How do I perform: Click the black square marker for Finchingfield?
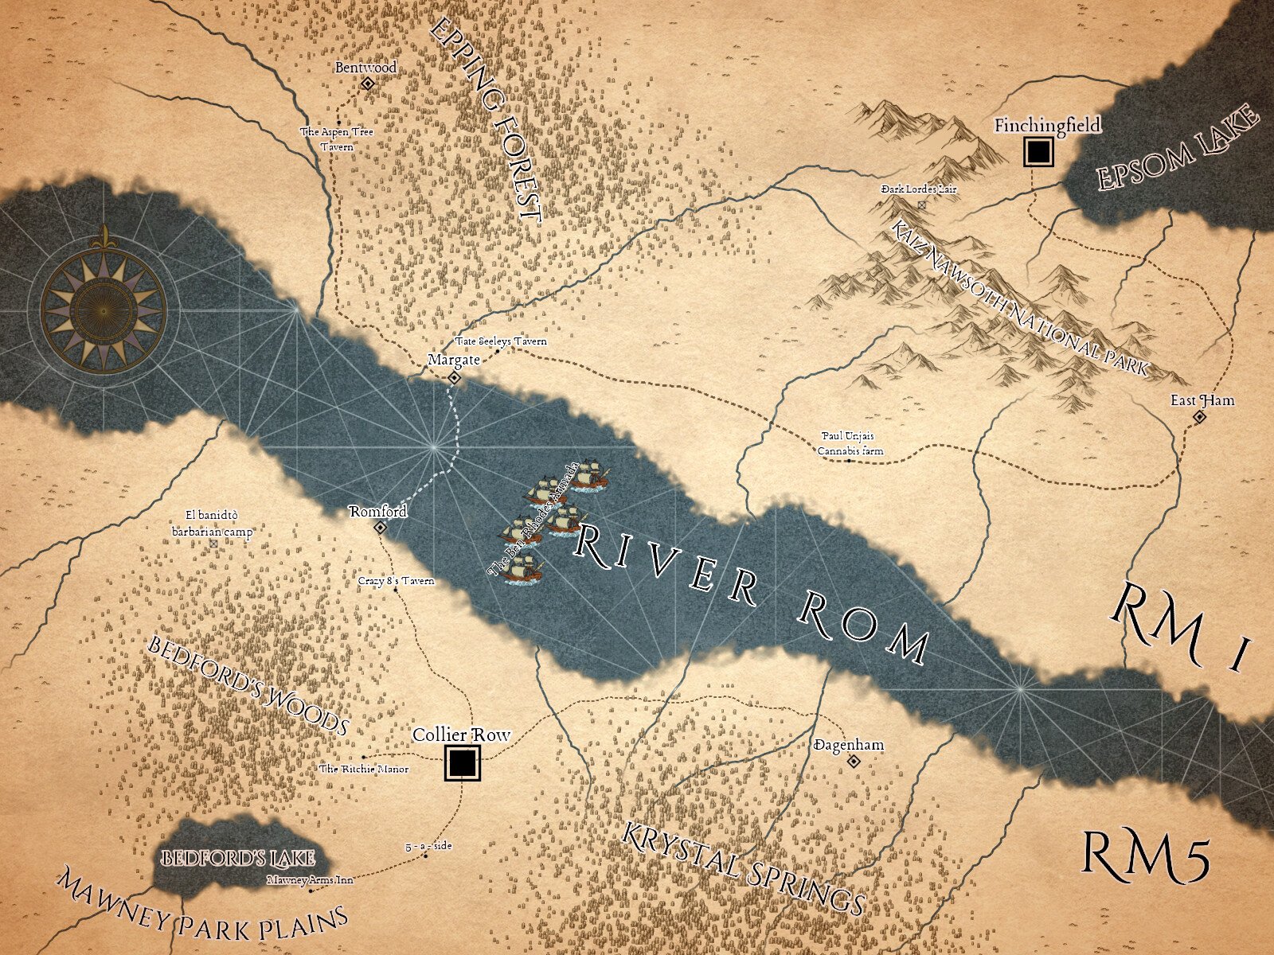pos(1038,151)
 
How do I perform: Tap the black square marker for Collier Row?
pos(462,762)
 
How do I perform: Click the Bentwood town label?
pos(365,68)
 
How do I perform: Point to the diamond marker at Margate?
pos(455,378)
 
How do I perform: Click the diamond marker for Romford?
pos(381,527)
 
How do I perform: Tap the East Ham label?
pos(1202,400)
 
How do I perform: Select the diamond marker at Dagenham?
pos(854,762)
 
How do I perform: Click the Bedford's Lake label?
pos(238,859)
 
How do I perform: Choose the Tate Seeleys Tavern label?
pos(501,341)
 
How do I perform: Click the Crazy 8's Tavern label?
pos(397,581)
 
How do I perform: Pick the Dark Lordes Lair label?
pos(919,189)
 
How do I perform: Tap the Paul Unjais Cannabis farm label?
pos(850,444)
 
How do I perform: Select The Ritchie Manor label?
pos(364,769)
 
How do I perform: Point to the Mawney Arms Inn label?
pos(310,880)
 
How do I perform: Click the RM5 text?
pos(1146,856)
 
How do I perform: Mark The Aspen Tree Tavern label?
pos(336,139)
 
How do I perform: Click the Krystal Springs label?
pos(742,869)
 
